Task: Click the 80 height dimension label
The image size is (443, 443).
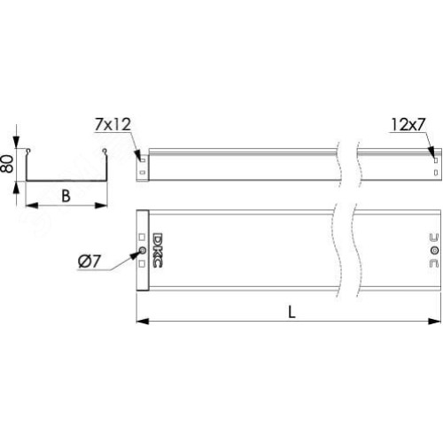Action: click(7, 163)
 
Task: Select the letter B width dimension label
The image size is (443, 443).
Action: click(66, 196)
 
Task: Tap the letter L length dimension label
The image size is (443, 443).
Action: click(291, 312)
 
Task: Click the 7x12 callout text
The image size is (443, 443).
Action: click(113, 124)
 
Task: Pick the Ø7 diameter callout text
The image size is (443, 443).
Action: click(89, 261)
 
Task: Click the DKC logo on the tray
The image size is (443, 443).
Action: click(158, 251)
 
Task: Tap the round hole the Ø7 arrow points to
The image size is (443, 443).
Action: click(142, 251)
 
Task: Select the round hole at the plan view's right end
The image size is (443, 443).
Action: click(434, 251)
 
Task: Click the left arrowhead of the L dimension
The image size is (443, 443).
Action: click(143, 321)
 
